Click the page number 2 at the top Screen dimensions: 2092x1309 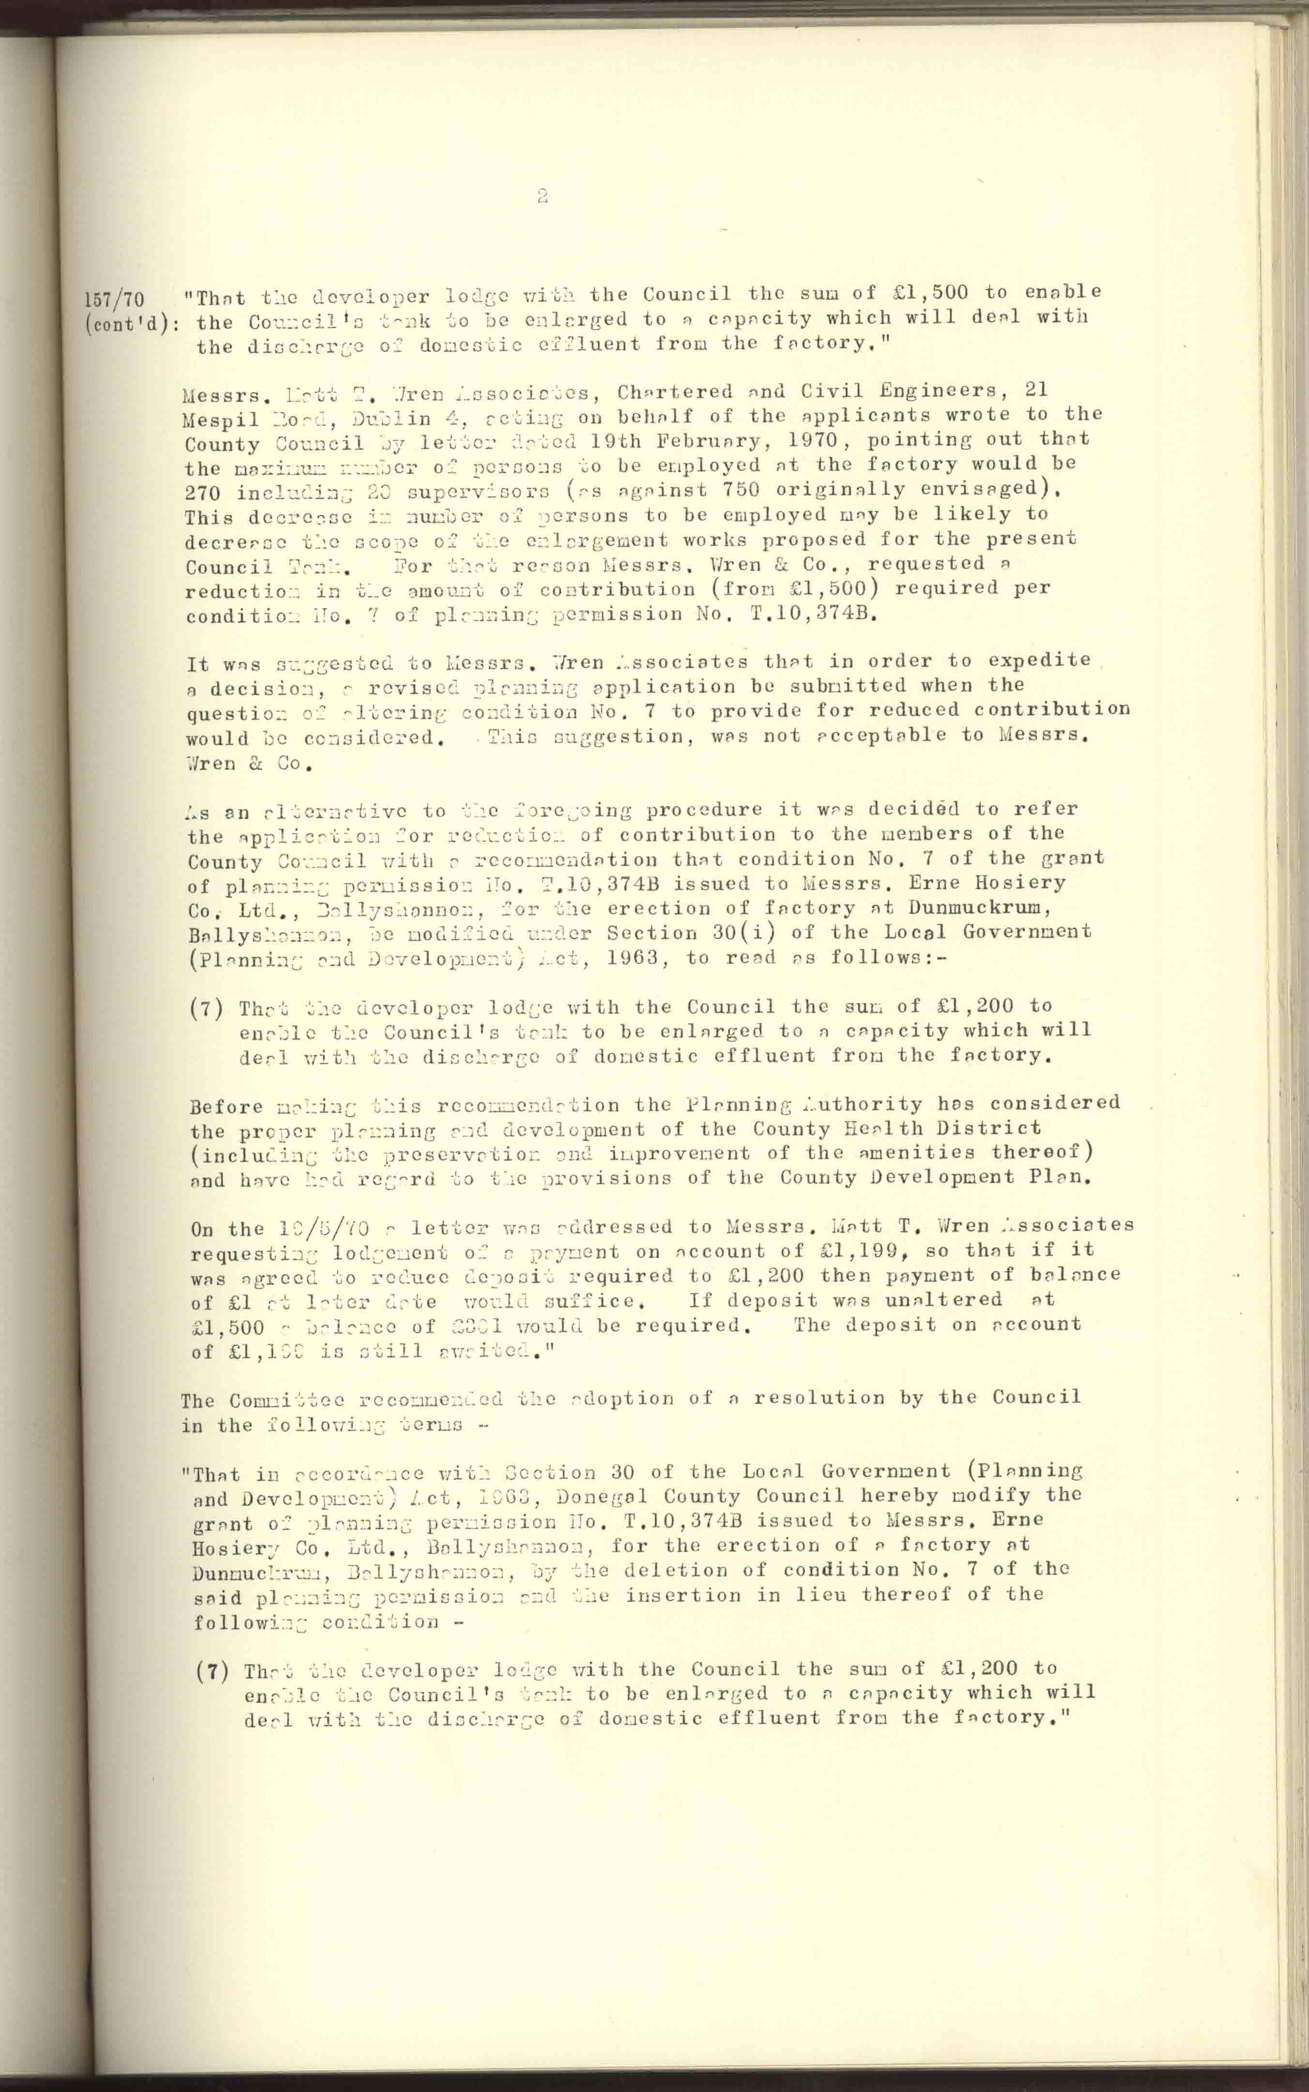tap(542, 196)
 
